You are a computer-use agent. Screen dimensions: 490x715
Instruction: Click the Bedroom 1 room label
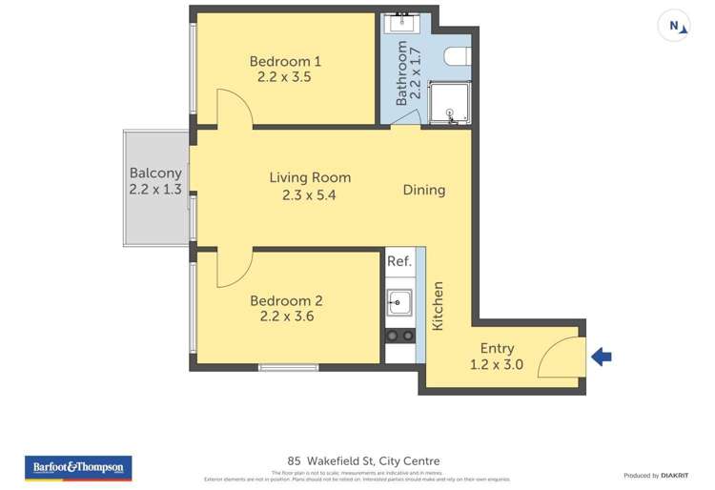pyautogui.click(x=285, y=62)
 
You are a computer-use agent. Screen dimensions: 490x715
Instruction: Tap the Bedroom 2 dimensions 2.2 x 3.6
pyautogui.click(x=285, y=316)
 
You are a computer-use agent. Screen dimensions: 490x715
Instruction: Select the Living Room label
pyautogui.click(x=310, y=177)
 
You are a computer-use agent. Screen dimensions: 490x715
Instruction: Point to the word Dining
pyautogui.click(x=423, y=190)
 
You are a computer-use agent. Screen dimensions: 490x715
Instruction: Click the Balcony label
pyautogui.click(x=155, y=174)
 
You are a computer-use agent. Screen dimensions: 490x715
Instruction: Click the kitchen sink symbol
pyautogui.click(x=398, y=303)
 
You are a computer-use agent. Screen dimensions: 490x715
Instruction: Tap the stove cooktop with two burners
pyautogui.click(x=398, y=336)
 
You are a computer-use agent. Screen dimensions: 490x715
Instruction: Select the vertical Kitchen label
pyautogui.click(x=439, y=306)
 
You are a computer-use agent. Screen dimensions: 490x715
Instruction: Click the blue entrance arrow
pyautogui.click(x=601, y=357)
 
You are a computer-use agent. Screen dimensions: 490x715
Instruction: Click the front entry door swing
pyautogui.click(x=561, y=358)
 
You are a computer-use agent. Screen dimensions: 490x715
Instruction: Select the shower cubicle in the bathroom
pyautogui.click(x=448, y=103)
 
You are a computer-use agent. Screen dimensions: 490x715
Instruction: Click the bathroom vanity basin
pyautogui.click(x=399, y=24)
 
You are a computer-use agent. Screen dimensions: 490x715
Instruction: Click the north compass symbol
pyautogui.click(x=675, y=27)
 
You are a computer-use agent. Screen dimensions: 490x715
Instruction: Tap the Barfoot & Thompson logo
pyautogui.click(x=77, y=468)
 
